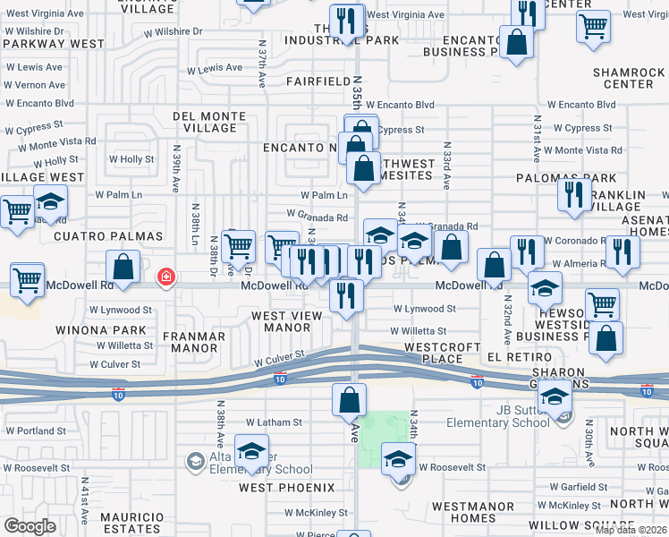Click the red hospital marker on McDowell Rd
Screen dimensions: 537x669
pos(165,277)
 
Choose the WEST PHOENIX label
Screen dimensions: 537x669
pos(286,488)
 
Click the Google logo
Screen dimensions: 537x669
pos(30,526)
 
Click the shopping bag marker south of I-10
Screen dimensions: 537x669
pos(349,400)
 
